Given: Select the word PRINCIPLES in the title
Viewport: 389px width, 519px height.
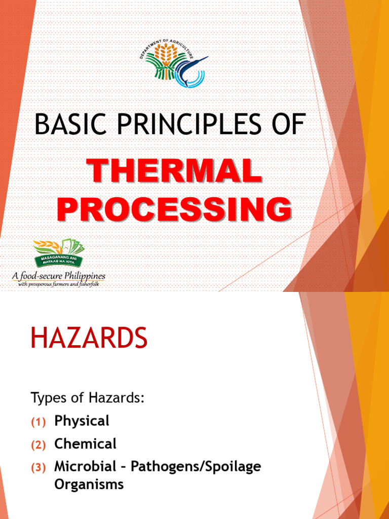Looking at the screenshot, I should click(191, 124).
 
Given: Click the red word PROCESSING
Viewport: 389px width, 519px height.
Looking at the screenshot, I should click(174, 209).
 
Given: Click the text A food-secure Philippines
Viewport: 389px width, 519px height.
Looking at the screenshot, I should click(59, 276).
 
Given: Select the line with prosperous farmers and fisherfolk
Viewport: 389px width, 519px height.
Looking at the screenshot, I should click(59, 284).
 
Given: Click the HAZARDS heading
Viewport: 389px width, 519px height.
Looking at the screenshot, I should click(89, 339).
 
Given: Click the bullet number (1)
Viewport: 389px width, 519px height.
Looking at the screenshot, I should click(38, 422).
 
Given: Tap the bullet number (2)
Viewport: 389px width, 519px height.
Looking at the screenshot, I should click(38, 445).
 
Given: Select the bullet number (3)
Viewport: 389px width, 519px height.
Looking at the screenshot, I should click(38, 468).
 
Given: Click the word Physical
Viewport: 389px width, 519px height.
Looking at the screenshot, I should click(82, 421).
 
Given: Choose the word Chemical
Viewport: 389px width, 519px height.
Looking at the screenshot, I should click(85, 444).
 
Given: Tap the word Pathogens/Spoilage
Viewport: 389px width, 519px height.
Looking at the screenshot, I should click(196, 467).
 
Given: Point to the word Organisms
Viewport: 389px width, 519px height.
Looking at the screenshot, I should click(89, 484).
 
